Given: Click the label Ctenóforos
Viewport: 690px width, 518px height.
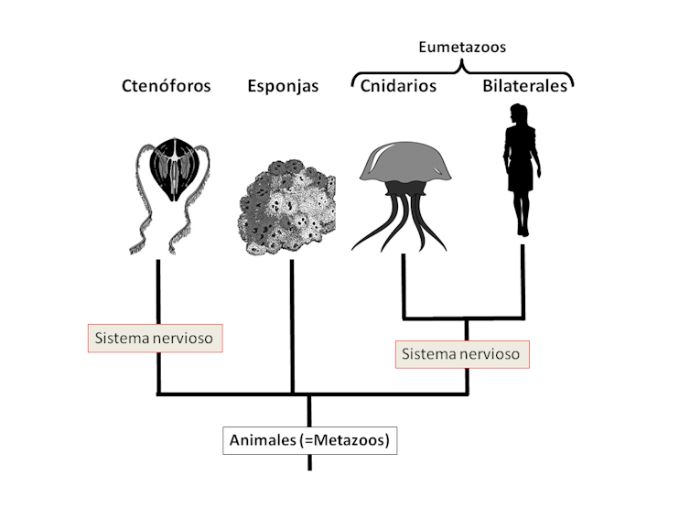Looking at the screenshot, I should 167,86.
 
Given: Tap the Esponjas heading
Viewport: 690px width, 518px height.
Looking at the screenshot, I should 283,86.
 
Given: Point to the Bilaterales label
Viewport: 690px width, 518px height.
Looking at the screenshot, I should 525,86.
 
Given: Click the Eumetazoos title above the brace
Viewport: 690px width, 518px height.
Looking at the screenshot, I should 461,46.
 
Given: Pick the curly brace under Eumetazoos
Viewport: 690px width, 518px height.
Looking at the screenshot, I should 461,71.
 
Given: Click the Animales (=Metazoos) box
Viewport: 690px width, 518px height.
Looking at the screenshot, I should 309,440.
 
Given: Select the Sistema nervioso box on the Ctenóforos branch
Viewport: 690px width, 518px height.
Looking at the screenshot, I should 155,338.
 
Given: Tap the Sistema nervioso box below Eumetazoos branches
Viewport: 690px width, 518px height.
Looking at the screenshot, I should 462,353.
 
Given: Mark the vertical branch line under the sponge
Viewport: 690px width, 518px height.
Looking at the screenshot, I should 291,325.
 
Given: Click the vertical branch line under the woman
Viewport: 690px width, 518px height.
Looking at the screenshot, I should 523,284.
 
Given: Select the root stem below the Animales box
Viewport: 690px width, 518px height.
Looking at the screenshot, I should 309,462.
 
